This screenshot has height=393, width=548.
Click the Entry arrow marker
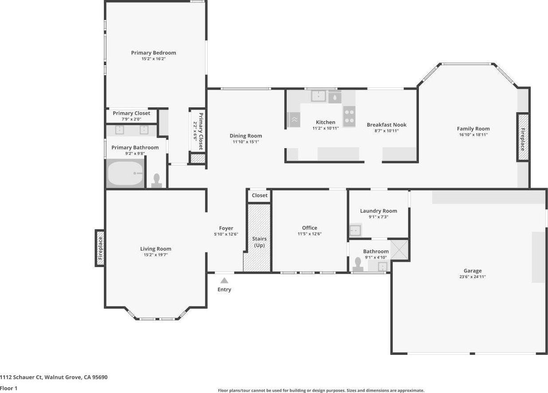(225, 280)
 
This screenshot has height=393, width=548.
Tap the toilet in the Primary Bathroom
(157, 181)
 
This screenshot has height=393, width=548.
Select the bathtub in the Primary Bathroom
(126, 173)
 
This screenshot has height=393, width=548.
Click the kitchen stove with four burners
(349, 116)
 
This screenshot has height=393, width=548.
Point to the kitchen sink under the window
(318, 96)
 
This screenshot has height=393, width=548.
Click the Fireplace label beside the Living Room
(100, 248)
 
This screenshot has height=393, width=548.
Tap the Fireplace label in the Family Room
(522, 139)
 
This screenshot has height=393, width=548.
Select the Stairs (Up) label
(259, 242)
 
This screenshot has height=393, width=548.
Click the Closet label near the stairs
(260, 196)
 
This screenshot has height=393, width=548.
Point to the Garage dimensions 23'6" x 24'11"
(473, 277)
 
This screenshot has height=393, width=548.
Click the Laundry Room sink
(355, 230)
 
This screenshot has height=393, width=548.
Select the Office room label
(309, 228)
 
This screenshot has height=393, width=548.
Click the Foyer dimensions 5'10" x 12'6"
(226, 234)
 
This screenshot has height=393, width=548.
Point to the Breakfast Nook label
(386, 125)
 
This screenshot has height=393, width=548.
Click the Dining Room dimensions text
(246, 142)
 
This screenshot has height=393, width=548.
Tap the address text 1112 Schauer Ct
(21, 377)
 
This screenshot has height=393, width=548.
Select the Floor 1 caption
(8, 388)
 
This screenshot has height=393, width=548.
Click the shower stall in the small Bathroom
(399, 249)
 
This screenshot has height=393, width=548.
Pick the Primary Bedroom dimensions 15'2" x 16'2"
(154, 59)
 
